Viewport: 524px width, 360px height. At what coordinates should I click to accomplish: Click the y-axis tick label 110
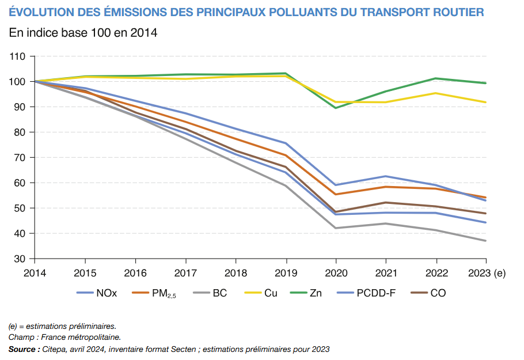pos(18,56)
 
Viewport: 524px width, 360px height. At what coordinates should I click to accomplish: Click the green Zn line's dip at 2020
pos(336,108)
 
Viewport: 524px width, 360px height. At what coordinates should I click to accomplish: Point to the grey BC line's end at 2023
pos(486,241)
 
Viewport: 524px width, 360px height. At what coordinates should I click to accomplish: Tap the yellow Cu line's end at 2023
pos(486,103)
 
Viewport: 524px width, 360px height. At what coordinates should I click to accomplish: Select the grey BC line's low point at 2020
pos(336,228)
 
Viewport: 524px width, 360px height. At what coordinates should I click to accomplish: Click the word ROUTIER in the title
pos(456,12)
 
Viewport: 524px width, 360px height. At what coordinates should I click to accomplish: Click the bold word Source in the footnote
pos(23,349)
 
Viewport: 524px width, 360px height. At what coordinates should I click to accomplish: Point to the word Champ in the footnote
pos(21,338)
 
